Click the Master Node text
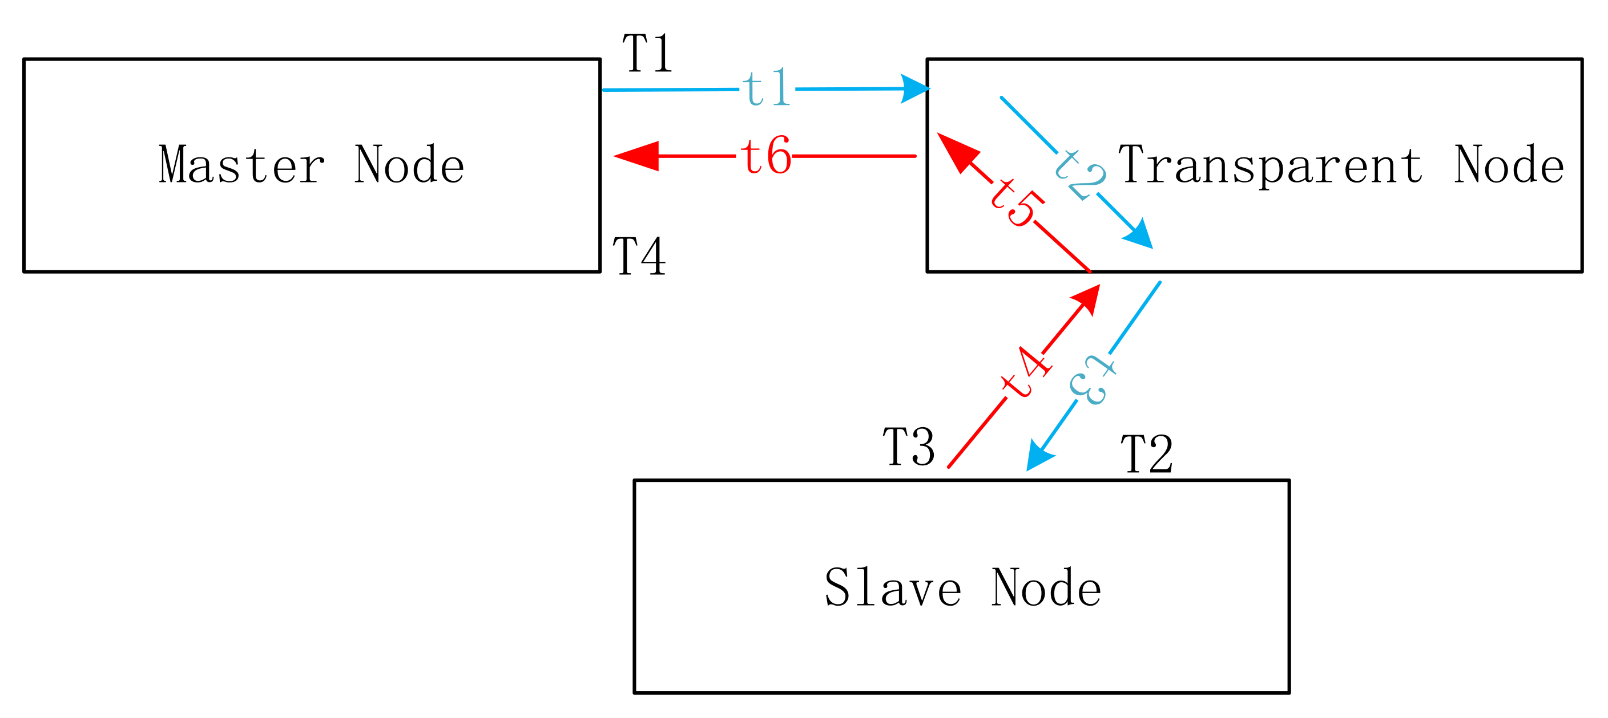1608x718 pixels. point(312,165)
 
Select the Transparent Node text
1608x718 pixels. point(1341,165)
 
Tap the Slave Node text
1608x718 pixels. point(963,587)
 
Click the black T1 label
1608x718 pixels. point(647,54)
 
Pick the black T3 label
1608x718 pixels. point(909,447)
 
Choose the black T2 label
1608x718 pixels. point(1147,453)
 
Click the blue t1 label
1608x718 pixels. point(767,88)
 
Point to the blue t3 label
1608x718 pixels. point(1092,380)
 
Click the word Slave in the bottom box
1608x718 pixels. point(893,587)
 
